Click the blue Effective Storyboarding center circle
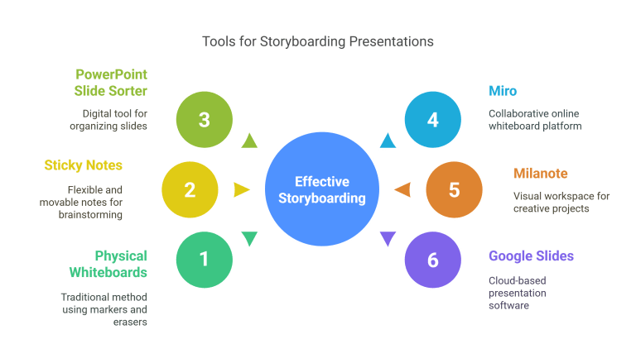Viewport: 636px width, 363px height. pos(322,190)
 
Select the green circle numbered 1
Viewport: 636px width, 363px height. pos(205,260)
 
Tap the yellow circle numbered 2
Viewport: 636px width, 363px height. pos(190,190)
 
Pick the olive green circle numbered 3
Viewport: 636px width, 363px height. pos(205,120)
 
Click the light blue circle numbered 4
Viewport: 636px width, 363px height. pos(432,120)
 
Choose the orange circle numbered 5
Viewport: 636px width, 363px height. pos(454,190)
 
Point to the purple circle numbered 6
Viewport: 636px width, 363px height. pos(432,260)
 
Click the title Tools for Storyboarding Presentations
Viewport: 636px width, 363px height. pos(318,41)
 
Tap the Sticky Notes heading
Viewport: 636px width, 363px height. pos(83,165)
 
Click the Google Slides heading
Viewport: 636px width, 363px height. pos(531,256)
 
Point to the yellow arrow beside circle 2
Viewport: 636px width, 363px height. pos(241,190)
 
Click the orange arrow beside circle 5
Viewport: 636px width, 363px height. pos(402,190)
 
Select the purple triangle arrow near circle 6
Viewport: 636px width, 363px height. pos(388,240)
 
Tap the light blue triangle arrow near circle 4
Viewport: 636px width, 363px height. pos(388,141)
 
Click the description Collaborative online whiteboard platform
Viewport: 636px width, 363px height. pos(535,119)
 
